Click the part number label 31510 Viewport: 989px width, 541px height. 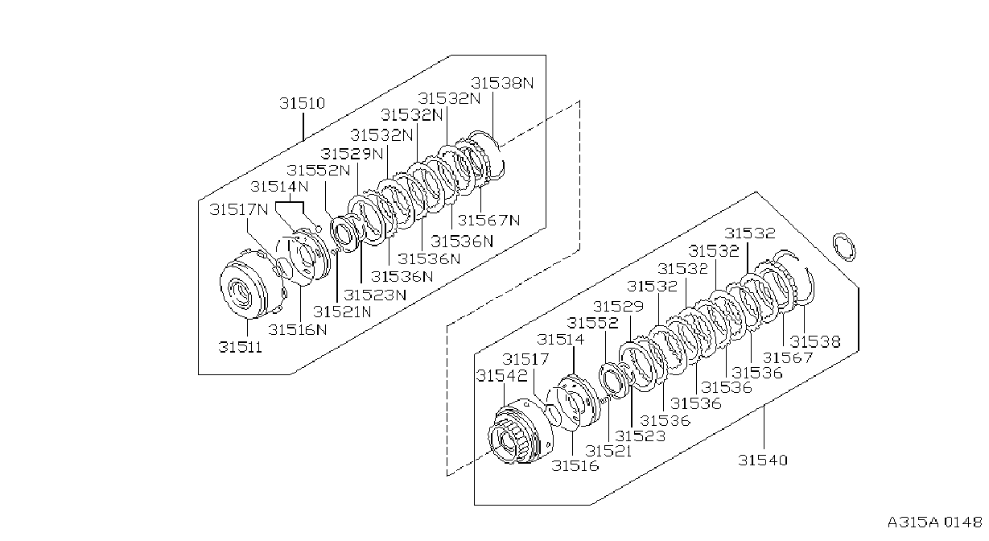pyautogui.click(x=303, y=103)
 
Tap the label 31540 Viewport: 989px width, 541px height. pyautogui.click(x=763, y=460)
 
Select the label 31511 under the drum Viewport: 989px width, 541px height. pyautogui.click(x=241, y=347)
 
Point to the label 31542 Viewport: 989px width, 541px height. pyautogui.click(x=502, y=376)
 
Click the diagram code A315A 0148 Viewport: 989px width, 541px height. pyautogui.click(x=935, y=522)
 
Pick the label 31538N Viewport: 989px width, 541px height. pyautogui.click(x=502, y=83)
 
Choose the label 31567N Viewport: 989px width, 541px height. pyautogui.click(x=489, y=220)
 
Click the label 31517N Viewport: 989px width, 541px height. pyautogui.click(x=239, y=209)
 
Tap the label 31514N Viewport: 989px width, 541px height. pyautogui.click(x=279, y=186)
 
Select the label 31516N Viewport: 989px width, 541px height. pyautogui.click(x=298, y=330)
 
